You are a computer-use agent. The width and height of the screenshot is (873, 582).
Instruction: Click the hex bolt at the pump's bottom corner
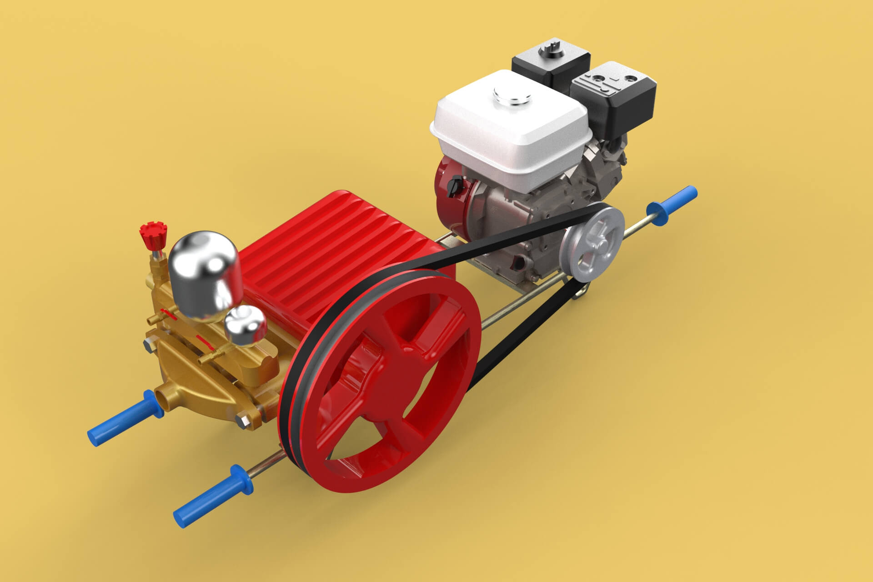[x=244, y=421]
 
